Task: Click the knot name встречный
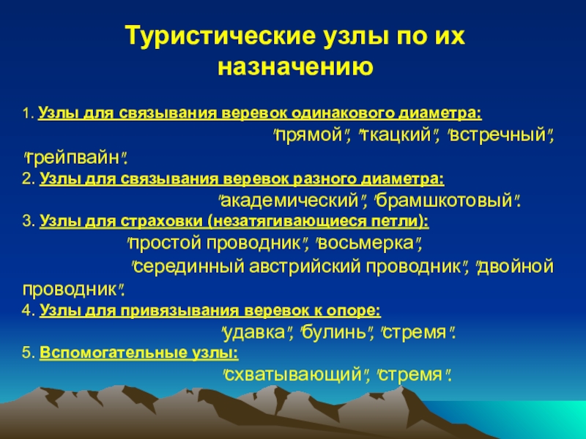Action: point(498,135)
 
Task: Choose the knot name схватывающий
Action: point(296,375)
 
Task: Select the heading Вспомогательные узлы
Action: point(139,353)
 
